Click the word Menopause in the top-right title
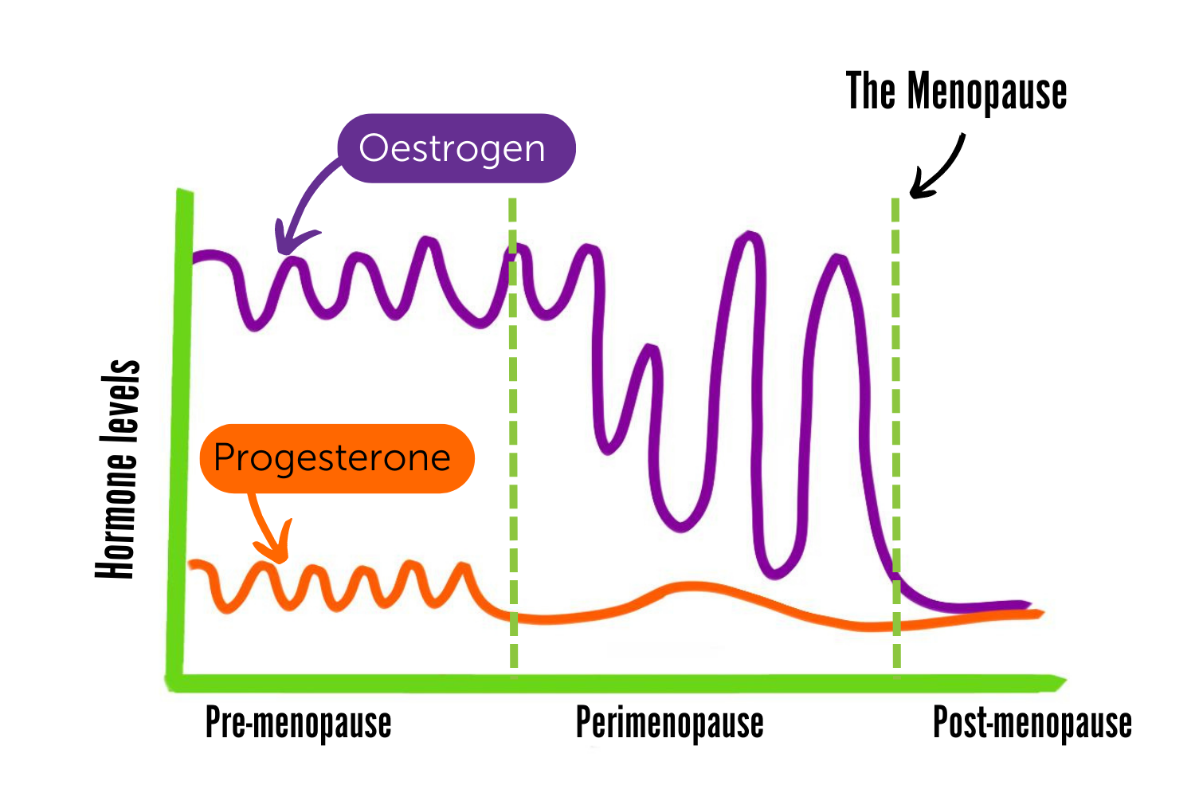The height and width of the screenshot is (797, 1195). pyautogui.click(x=987, y=92)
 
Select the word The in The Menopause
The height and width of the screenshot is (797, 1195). pyautogui.click(x=870, y=91)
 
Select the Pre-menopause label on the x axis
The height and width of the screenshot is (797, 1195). pyautogui.click(x=298, y=723)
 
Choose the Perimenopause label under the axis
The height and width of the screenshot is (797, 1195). pyautogui.click(x=669, y=723)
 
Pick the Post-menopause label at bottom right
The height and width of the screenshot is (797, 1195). pyautogui.click(x=1032, y=723)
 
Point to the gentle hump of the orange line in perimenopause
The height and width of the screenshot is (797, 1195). pyautogui.click(x=685, y=587)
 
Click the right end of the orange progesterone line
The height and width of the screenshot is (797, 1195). pyautogui.click(x=1040, y=613)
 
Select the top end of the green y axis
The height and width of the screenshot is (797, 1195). pyautogui.click(x=185, y=193)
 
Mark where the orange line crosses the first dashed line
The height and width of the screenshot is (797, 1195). pyautogui.click(x=513, y=616)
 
